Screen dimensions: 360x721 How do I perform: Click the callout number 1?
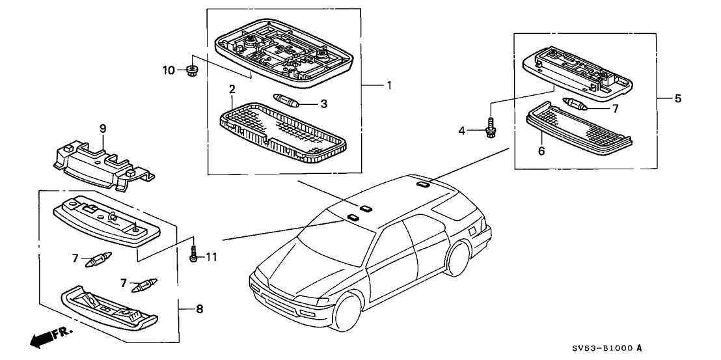tap(389, 85)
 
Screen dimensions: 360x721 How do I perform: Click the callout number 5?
tap(677, 99)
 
